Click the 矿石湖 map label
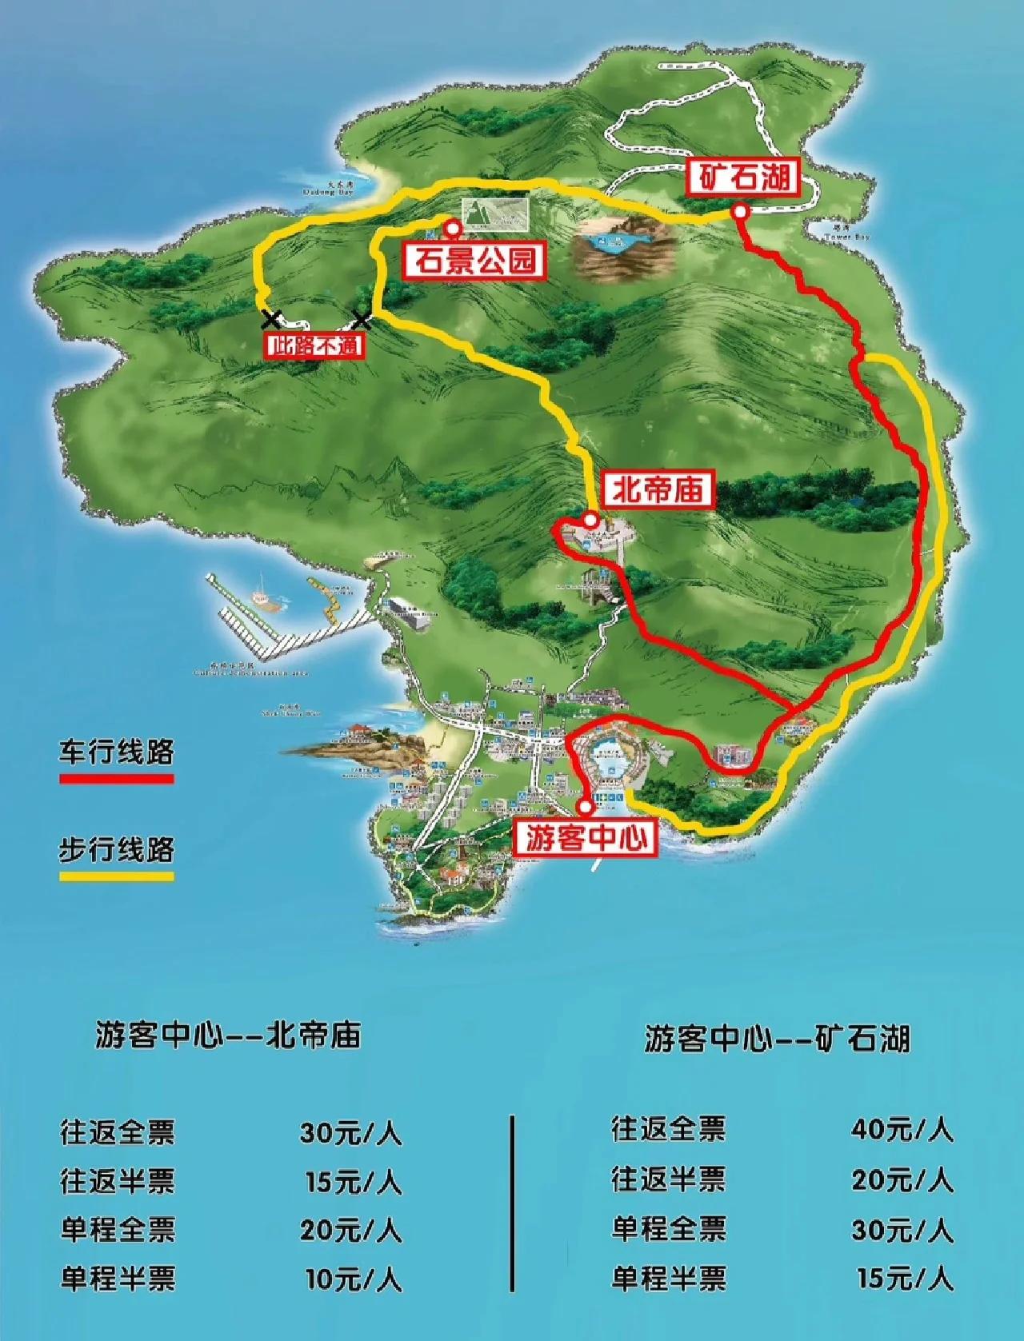pos(744,178)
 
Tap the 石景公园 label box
pos(475,261)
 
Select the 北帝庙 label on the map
pos(657,489)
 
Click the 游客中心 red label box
pos(586,837)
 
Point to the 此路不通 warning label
pos(314,346)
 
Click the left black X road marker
pos(271,320)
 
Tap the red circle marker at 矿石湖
pos(741,212)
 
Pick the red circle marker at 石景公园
pos(453,229)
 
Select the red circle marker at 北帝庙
pos(590,520)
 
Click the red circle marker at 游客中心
pos(586,807)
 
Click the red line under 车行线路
pos(116,778)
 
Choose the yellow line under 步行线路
pos(116,876)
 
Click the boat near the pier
pos(261,596)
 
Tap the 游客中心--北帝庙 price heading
pos(228,1035)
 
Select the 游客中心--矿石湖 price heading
pos(777,1039)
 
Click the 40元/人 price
pos(902,1130)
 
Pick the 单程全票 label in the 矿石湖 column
pos(668,1228)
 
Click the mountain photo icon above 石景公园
pos(496,212)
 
